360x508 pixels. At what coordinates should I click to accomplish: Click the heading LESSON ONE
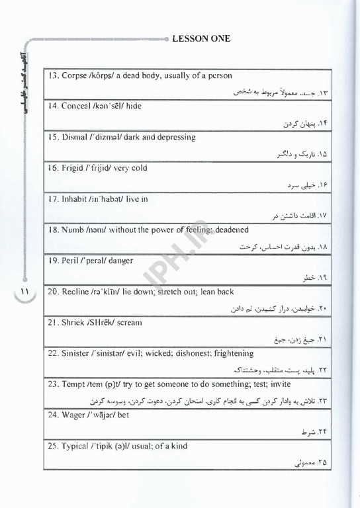201,38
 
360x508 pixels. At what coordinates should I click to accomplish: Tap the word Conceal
77,106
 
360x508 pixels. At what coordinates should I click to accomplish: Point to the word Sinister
77,354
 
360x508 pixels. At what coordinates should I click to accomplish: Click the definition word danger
120,261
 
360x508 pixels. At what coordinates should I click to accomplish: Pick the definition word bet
123,415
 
